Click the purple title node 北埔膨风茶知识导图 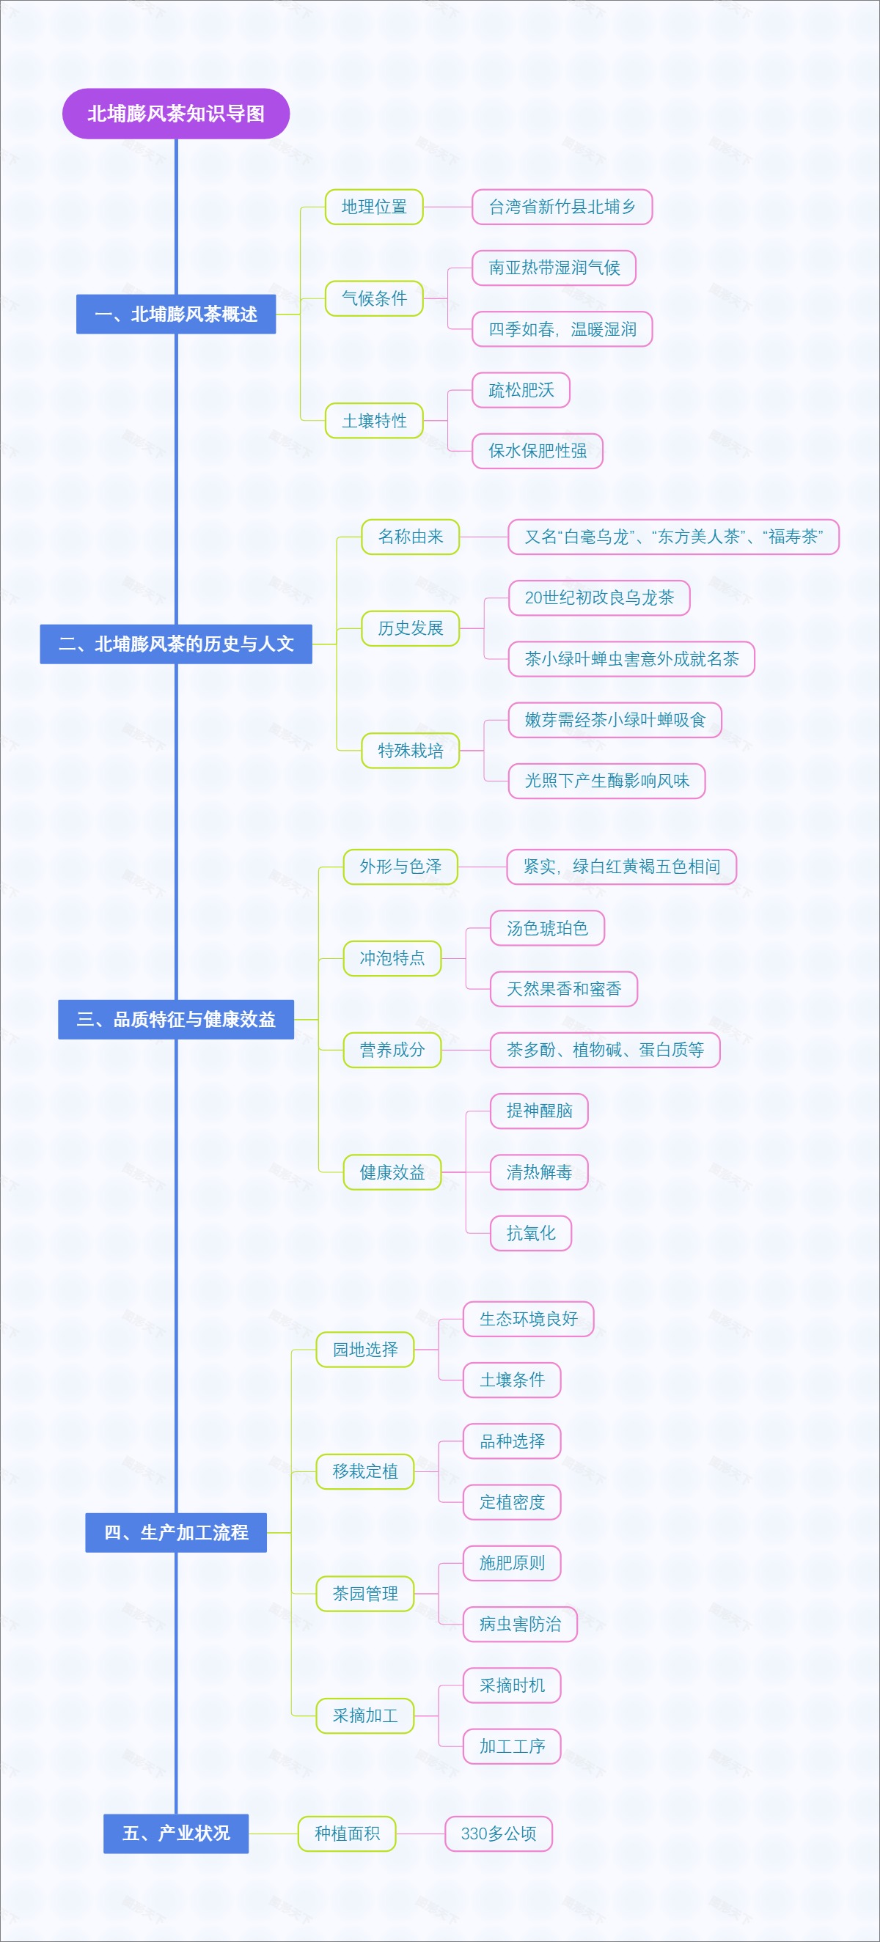tap(176, 114)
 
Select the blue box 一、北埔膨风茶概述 tap(176, 315)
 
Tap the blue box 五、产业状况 tap(176, 1834)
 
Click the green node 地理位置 tap(374, 207)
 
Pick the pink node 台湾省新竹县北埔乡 tap(562, 207)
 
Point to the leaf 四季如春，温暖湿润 tap(562, 329)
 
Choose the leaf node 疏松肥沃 tap(521, 391)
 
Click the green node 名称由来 tap(410, 537)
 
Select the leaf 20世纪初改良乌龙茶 tap(598, 597)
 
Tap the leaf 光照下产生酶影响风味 tap(606, 781)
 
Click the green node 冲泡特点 tap(392, 958)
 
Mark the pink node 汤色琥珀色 tap(547, 928)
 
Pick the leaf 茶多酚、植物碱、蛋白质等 tap(605, 1050)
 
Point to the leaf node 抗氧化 tap(531, 1233)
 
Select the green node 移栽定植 tap(365, 1471)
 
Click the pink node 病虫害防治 tap(519, 1625)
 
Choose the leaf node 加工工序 tap(512, 1747)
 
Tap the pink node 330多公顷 tap(499, 1834)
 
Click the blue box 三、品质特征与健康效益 tap(176, 1019)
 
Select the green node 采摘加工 tap(365, 1715)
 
